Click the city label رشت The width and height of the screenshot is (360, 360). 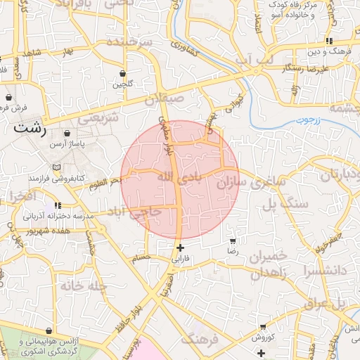30,129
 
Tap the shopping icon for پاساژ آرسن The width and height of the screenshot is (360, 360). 67,133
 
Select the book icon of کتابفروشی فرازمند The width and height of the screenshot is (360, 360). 56,167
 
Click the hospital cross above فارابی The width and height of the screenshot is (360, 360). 181,247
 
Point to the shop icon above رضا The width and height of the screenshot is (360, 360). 233,240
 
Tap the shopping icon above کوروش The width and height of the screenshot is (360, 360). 262,327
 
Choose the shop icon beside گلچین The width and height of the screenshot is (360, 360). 123,73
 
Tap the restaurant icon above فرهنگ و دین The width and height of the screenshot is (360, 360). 330,41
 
